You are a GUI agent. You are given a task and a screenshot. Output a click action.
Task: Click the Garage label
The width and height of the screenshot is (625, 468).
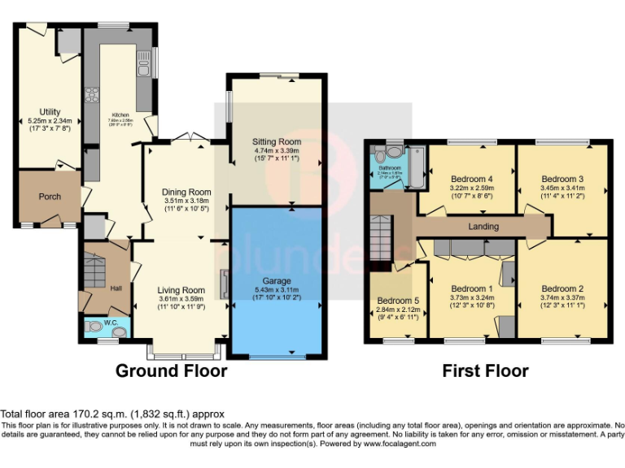click(x=273, y=281)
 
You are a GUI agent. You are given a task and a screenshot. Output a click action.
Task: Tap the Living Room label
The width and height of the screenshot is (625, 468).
click(x=181, y=290)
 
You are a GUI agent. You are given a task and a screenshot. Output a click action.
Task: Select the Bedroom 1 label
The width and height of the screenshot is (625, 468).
click(x=471, y=288)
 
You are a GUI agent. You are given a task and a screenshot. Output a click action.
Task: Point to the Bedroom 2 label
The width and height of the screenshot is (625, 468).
click(x=562, y=288)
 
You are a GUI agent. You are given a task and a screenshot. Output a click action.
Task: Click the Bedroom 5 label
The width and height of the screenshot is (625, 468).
click(x=396, y=299)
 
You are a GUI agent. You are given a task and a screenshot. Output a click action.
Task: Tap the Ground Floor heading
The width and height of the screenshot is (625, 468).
click(x=171, y=371)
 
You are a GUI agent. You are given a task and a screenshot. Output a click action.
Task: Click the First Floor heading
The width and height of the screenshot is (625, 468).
click(x=485, y=371)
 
